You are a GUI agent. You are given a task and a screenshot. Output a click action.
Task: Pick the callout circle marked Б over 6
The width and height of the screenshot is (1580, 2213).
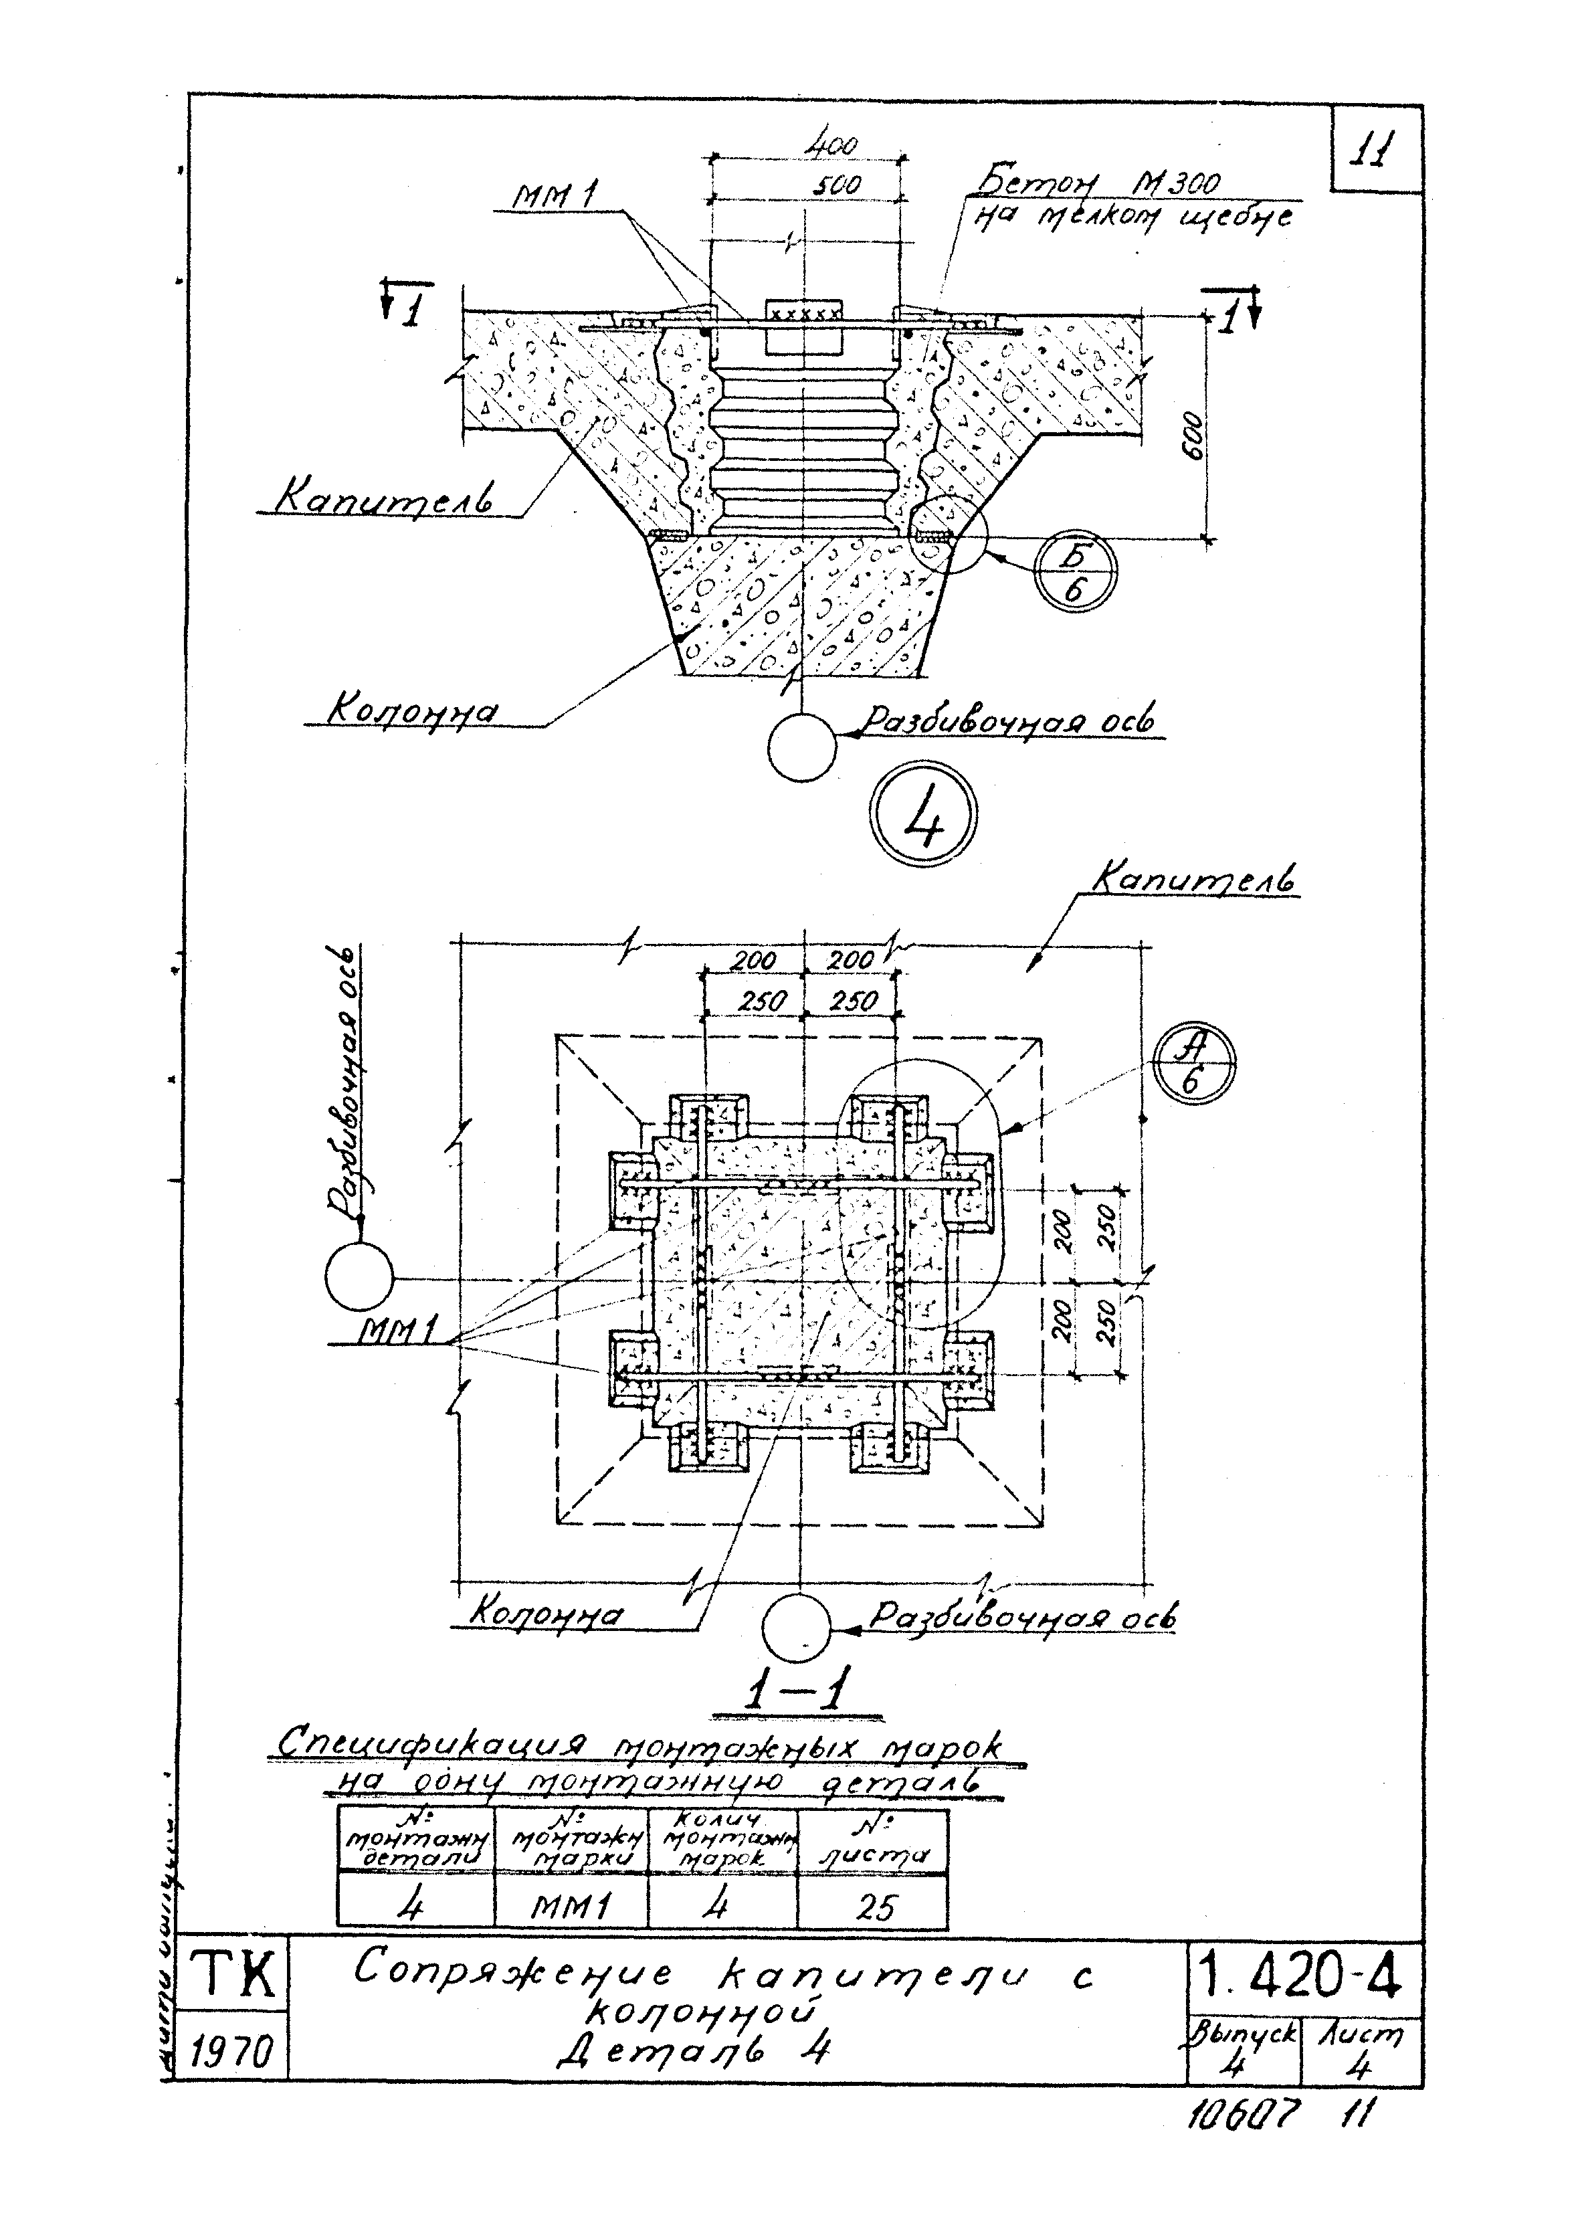[1074, 575]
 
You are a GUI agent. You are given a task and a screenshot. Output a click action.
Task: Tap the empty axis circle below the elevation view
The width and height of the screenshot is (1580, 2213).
[801, 747]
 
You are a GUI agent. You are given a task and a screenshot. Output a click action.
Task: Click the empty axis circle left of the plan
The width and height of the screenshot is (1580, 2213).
[359, 1276]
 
